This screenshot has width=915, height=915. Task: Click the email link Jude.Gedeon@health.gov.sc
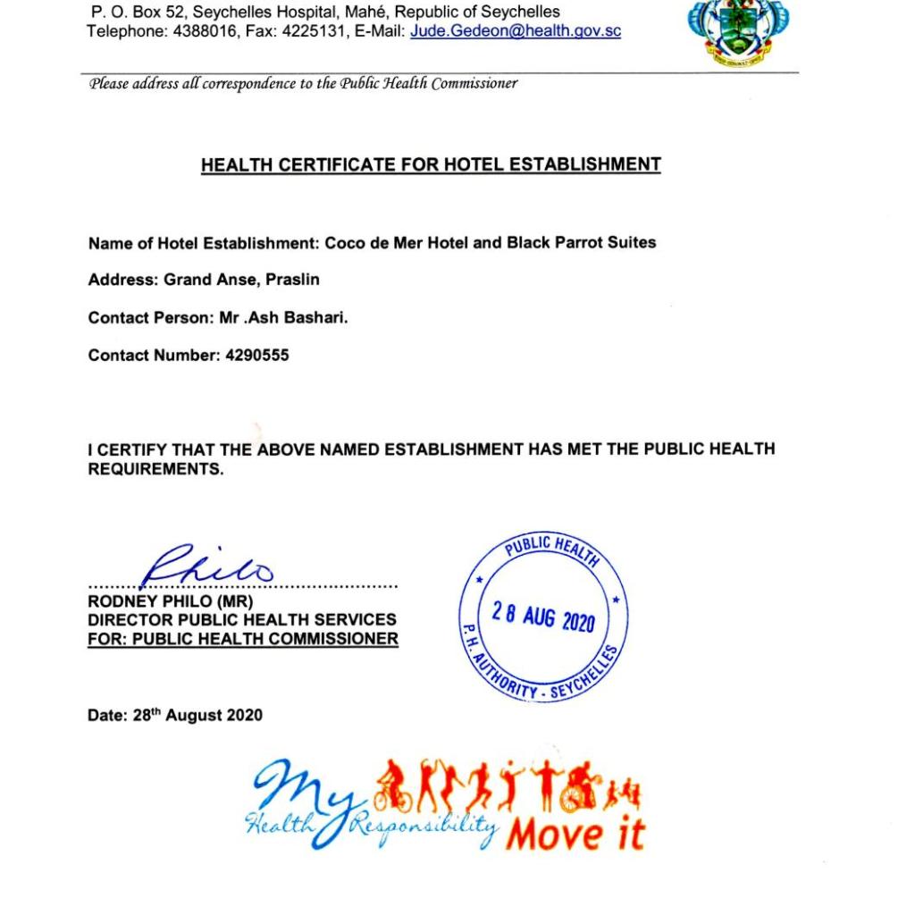[516, 31]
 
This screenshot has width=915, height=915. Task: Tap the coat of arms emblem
[739, 31]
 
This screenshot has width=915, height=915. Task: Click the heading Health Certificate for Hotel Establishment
[431, 165]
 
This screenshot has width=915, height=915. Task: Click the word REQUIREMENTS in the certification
[155, 469]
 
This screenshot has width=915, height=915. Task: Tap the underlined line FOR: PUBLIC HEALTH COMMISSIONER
[242, 639]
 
